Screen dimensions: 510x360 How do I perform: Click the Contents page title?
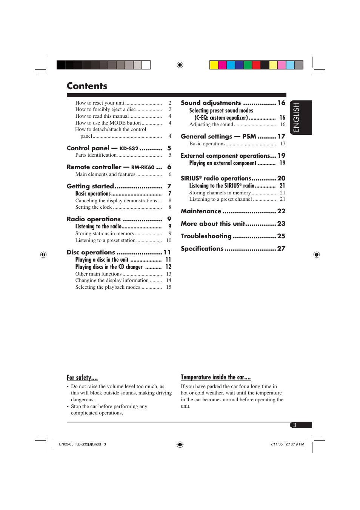pos(87,86)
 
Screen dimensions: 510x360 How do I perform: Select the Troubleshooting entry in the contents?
pos(206,236)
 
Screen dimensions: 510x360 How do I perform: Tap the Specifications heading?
pos(202,248)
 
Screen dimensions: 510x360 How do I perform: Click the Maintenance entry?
pos(201,211)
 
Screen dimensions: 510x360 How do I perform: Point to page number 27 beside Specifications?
pos(281,248)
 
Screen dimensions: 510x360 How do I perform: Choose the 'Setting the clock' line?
pos(94,207)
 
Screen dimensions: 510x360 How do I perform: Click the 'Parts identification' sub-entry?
pos(96,155)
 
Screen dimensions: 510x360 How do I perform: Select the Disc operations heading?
pos(91,252)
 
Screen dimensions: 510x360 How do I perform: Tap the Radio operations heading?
pos(94,219)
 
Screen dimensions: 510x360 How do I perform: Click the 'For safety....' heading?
pos(82,377)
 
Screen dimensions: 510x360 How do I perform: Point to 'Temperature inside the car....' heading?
pos(215,377)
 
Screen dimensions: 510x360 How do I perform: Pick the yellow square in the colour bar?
pos(214,65)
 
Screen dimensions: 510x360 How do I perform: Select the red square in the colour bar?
pos(256,65)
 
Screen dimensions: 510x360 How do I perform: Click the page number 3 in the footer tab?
pos(295,425)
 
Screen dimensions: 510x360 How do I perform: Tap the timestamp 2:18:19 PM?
pos(295,444)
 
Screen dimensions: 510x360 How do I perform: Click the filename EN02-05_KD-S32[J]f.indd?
pos(80,444)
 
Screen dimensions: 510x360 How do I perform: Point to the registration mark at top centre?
pos(180,65)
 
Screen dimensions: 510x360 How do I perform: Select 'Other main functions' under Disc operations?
pos(98,274)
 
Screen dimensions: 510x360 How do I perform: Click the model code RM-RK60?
pos(143,167)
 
